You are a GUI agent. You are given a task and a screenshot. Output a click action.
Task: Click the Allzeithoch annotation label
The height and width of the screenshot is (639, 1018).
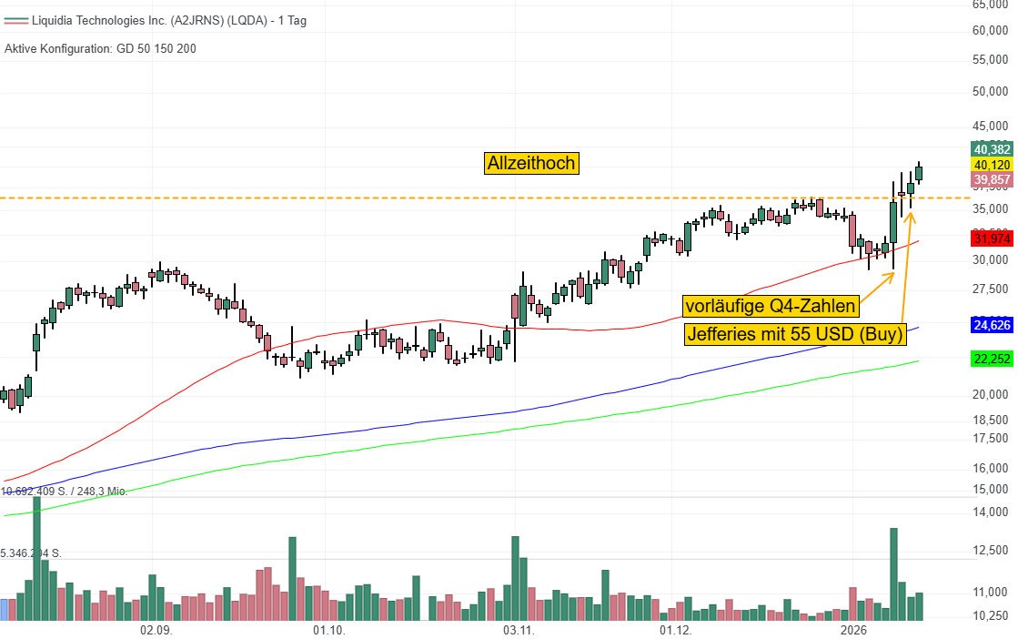tap(531, 163)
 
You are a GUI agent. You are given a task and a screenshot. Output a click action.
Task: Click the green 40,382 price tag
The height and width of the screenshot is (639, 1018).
tap(993, 149)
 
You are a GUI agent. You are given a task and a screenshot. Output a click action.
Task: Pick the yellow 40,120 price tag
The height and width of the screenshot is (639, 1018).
tap(993, 165)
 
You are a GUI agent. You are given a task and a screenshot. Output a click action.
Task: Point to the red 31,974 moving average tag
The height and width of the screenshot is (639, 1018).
tap(993, 239)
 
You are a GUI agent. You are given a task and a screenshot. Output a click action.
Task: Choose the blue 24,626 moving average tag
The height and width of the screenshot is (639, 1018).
tap(993, 324)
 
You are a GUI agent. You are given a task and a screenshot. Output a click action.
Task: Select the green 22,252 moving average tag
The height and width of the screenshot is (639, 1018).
tap(993, 360)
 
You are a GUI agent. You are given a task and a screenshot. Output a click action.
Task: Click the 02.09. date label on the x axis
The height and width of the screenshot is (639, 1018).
tap(156, 630)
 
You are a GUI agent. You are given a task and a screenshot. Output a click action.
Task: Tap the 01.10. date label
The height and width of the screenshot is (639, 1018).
tap(328, 630)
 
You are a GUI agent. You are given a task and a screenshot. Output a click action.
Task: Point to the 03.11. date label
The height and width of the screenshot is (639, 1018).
tap(515, 630)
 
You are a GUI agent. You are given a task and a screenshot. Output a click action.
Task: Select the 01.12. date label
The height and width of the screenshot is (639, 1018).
tap(676, 630)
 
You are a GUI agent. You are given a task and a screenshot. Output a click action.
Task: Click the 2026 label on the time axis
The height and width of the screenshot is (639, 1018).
tap(854, 630)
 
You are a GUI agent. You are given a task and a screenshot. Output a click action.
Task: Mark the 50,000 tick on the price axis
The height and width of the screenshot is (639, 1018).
tap(992, 91)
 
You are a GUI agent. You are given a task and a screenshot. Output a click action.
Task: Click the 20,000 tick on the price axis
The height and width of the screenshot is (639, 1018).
tap(992, 394)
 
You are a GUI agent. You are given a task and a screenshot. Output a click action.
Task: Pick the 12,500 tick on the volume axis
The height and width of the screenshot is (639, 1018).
tap(992, 550)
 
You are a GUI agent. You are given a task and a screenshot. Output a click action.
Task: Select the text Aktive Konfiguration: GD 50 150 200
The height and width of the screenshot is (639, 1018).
tap(100, 48)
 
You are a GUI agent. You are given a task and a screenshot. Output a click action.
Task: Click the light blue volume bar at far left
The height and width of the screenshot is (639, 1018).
tap(5, 610)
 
